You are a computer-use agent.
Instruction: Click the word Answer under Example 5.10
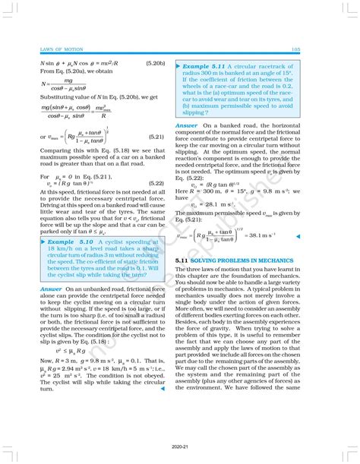click(52, 289)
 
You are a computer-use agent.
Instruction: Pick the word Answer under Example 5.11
click(187, 125)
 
